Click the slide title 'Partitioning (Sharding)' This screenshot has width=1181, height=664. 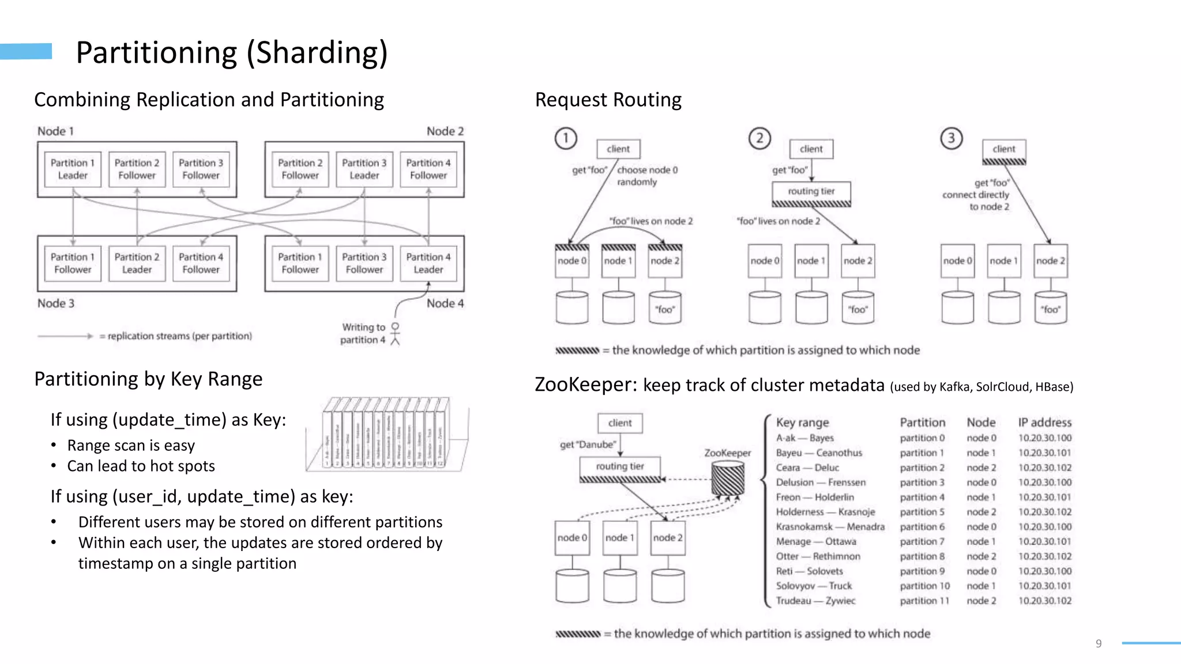tap(232, 52)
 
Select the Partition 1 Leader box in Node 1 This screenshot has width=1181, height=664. tap(73, 169)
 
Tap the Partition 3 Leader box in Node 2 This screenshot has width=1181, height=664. tap(364, 169)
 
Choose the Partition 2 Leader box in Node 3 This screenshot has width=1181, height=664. tap(137, 263)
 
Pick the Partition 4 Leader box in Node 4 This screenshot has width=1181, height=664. tap(428, 263)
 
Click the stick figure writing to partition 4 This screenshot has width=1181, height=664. tap(395, 334)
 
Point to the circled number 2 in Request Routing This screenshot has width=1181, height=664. tap(759, 138)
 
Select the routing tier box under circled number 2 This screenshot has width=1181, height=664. tap(811, 191)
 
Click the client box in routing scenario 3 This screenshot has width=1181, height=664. tap(1004, 149)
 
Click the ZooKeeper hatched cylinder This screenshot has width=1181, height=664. tap(728, 478)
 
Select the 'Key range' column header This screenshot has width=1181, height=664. tap(802, 422)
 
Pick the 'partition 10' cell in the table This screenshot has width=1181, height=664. tap(924, 586)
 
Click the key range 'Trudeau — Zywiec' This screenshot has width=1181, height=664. tap(815, 601)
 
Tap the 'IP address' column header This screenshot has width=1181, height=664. tap(1044, 422)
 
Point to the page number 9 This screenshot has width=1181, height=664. tap(1099, 643)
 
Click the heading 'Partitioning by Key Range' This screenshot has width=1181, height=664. tap(148, 379)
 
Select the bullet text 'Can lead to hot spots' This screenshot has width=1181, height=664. tap(141, 466)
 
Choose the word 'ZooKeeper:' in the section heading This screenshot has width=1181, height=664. tap(586, 384)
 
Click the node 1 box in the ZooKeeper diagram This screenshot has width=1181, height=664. tap(620, 538)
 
